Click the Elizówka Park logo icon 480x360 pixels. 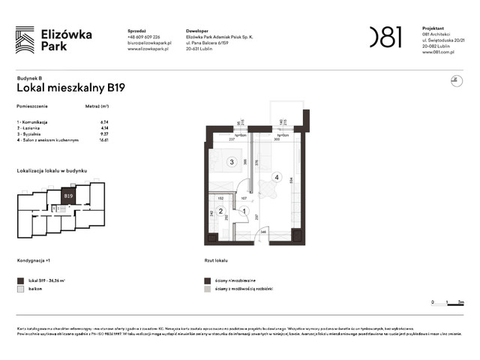tap(25, 40)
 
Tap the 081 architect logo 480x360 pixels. tap(385, 37)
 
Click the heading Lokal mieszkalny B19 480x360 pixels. tap(70, 88)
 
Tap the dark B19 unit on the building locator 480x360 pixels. tap(68, 196)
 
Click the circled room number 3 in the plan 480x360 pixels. tap(232, 161)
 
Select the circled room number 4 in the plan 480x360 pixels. tap(277, 178)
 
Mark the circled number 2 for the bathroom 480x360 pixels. tap(220, 211)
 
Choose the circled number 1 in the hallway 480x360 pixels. tap(245, 211)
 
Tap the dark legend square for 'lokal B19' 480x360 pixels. tap(21, 279)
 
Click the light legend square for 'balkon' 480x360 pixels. tap(21, 288)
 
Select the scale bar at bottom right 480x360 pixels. tap(448, 301)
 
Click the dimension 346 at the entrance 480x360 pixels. tap(263, 232)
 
